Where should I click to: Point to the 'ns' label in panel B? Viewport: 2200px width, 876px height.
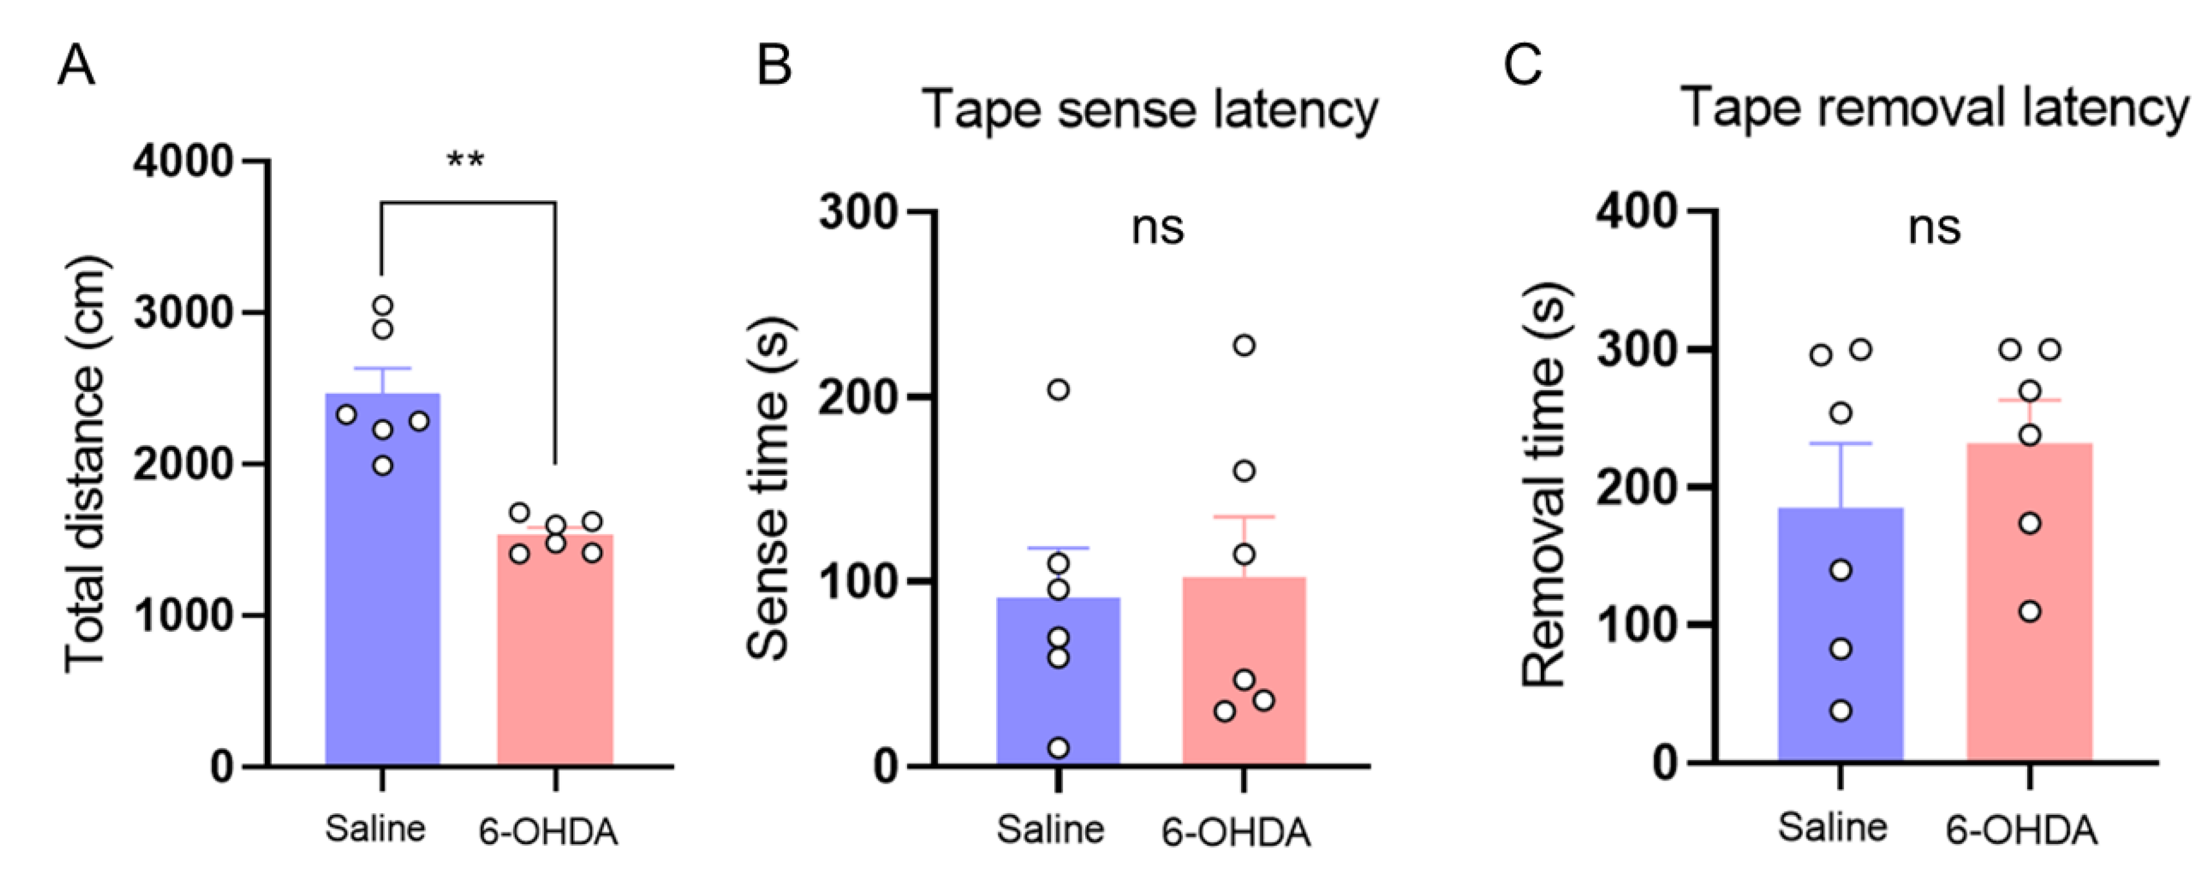(x=1157, y=228)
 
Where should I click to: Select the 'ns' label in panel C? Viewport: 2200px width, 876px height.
(x=1935, y=228)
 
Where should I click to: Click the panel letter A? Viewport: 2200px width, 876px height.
(x=76, y=65)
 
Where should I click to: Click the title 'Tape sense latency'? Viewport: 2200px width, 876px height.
(x=1150, y=111)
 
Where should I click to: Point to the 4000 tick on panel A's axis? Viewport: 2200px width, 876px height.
(x=184, y=161)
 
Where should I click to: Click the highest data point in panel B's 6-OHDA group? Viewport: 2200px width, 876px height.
(x=1245, y=346)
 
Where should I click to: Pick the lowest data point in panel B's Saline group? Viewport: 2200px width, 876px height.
(x=1058, y=748)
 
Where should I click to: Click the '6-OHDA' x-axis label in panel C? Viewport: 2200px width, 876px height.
(x=2021, y=829)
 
